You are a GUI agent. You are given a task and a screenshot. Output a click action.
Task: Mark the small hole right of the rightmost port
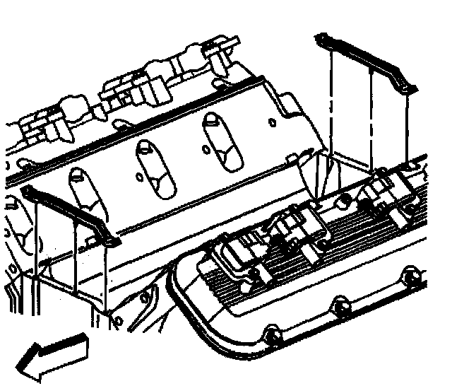(272, 122)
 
